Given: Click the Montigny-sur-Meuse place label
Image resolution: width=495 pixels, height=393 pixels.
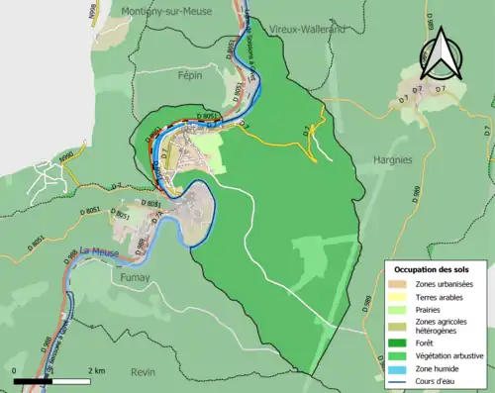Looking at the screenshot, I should pos(164,11).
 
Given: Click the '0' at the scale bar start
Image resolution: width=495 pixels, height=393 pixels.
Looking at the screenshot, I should pos(15,370).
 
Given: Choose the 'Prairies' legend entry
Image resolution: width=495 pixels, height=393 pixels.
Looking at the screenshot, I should pos(431,309).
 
